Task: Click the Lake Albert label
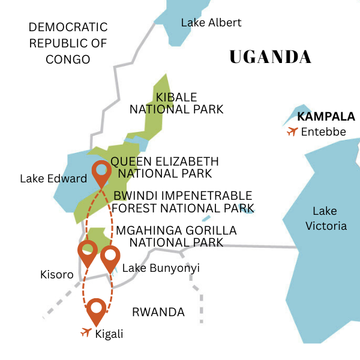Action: click(x=211, y=23)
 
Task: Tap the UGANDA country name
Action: click(x=271, y=57)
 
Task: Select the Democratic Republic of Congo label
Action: click(x=68, y=43)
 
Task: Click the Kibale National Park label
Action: click(x=176, y=103)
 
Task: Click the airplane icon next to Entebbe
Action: click(x=292, y=131)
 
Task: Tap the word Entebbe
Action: click(x=324, y=132)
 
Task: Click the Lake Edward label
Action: click(x=53, y=179)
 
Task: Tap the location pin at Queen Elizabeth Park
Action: click(x=101, y=173)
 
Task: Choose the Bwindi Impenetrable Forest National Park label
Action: click(x=182, y=202)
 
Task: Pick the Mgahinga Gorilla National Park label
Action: click(x=176, y=236)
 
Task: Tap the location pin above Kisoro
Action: click(x=88, y=252)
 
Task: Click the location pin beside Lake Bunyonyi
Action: click(x=110, y=257)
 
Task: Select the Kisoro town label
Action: click(x=56, y=275)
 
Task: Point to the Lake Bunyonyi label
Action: click(x=161, y=268)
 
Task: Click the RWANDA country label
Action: click(x=158, y=312)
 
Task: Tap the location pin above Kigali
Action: click(x=96, y=310)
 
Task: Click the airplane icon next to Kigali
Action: click(x=86, y=332)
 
